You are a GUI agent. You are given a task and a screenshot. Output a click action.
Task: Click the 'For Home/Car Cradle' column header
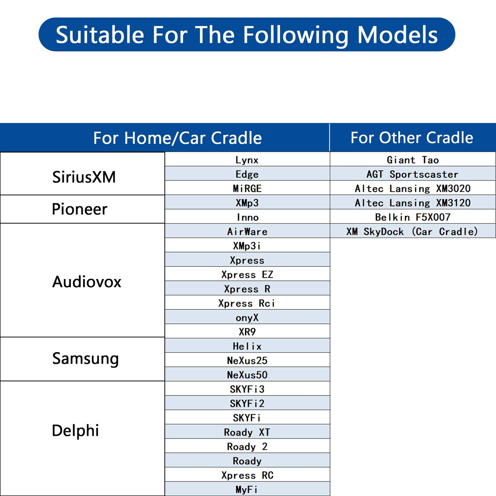coord(178,138)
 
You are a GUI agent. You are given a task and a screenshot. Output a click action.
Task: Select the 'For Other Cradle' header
coord(412,138)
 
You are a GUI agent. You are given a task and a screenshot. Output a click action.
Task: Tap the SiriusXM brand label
coord(84,177)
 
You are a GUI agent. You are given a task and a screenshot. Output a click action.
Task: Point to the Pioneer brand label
coord(79,209)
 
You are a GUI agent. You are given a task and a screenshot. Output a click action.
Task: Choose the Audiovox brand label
coord(87,282)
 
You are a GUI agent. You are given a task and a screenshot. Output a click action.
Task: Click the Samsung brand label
coord(86,359)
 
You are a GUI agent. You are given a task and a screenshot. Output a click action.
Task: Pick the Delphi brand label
coord(75,431)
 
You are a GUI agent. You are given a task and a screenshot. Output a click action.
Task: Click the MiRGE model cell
coord(247,188)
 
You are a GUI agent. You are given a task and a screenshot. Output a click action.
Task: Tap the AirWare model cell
coord(247,232)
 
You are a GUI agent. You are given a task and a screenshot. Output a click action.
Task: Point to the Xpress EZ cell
coord(247,275)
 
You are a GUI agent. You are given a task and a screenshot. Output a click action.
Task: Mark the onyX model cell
coord(247,317)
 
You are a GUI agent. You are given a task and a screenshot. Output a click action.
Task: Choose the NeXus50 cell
coord(247,375)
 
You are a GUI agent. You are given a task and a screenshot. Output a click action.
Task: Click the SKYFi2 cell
coord(247,403)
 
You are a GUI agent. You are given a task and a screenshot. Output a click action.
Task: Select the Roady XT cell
coord(247,432)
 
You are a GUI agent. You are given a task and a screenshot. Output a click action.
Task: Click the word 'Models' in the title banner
coord(397,35)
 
